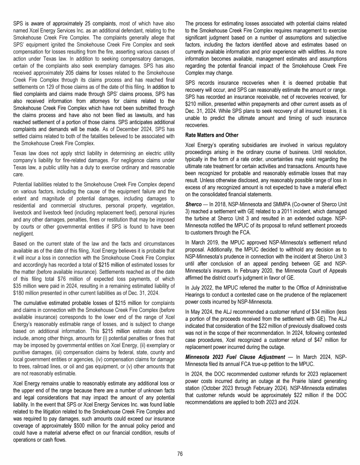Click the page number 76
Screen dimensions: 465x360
[180, 453]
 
